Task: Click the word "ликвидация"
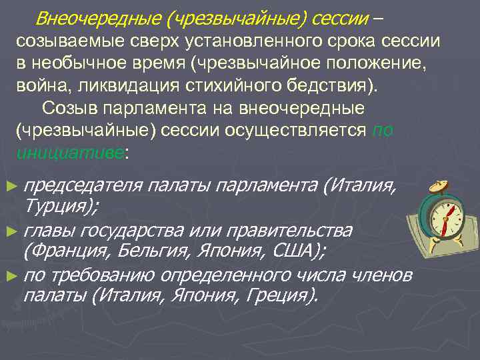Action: point(117,87)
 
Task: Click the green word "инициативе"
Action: point(69,153)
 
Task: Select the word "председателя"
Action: point(84,185)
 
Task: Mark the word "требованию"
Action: point(107,275)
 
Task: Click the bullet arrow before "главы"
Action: point(9,231)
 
